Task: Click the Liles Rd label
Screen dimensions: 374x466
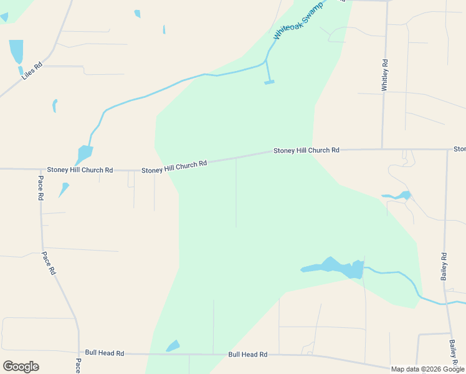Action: (31, 70)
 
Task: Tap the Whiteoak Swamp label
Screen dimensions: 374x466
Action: (298, 24)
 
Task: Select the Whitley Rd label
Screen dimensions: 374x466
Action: (385, 75)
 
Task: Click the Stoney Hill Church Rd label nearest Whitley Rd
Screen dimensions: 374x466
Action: (306, 150)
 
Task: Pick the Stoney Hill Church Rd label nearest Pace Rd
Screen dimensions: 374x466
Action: (80, 170)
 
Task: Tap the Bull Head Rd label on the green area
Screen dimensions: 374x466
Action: (247, 354)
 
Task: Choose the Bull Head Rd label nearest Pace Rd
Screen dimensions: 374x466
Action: (105, 353)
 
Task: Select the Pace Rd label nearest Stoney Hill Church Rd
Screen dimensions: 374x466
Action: (40, 188)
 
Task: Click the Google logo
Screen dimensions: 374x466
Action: (21, 366)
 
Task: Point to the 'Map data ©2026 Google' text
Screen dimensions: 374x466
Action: (427, 369)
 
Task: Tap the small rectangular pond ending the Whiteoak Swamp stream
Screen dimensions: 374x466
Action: (269, 82)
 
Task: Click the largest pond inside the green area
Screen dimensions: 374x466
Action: (334, 267)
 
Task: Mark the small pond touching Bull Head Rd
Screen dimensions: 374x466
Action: (173, 346)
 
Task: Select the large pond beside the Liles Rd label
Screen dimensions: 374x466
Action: (16, 51)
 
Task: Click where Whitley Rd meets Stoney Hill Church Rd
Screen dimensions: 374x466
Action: (382, 150)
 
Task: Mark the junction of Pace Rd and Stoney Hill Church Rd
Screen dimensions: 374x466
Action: (40, 169)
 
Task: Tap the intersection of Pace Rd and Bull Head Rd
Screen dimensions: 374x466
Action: (79, 353)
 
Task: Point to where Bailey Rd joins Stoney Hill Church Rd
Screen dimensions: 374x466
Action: (447, 150)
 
